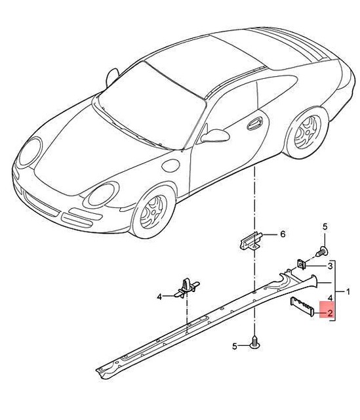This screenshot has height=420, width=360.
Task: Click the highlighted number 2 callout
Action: (x=330, y=314)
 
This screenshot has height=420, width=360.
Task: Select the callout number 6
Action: (x=283, y=234)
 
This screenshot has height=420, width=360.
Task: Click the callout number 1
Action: (x=348, y=291)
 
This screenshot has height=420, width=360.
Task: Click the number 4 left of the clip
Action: (x=159, y=297)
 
